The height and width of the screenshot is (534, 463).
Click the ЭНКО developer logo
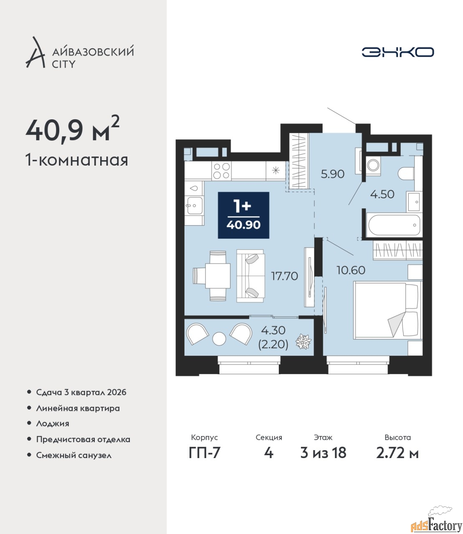pos(397,52)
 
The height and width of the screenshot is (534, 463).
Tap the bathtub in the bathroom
pos(394,225)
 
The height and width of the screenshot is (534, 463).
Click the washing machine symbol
pos(373,165)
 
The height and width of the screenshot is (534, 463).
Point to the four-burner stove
pos(222,171)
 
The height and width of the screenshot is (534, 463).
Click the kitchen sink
pos(194,205)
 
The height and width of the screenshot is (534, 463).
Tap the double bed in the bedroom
pos(387,310)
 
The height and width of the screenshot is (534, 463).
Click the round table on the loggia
pos(219,338)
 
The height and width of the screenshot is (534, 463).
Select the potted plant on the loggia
pos(304,341)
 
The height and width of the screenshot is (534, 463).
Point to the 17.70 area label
pos(284,276)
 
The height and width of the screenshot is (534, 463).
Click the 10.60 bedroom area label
pos(351,270)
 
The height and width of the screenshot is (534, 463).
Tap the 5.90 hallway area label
pos(332,174)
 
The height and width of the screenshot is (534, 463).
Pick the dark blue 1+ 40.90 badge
pos(243,215)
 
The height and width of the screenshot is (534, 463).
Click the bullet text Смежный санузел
pos(74,455)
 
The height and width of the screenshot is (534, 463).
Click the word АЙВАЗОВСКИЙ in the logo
pos(93,51)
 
